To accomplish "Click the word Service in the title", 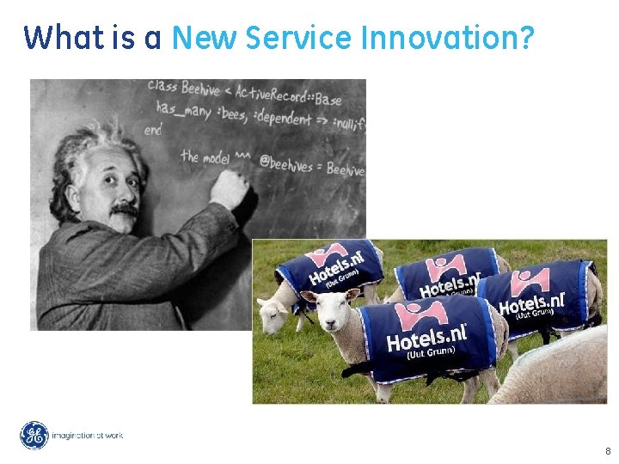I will click(299, 38).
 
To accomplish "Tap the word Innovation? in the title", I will click(448, 38).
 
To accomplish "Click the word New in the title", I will click(205, 38).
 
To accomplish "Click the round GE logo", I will click(34, 436).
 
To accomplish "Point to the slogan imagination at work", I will click(88, 436).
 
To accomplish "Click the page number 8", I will click(608, 451).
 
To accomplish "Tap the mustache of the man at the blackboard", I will click(122, 210).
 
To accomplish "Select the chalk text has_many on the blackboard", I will click(179, 110).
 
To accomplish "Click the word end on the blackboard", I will click(153, 130).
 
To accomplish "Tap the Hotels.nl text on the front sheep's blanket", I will click(427, 337).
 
